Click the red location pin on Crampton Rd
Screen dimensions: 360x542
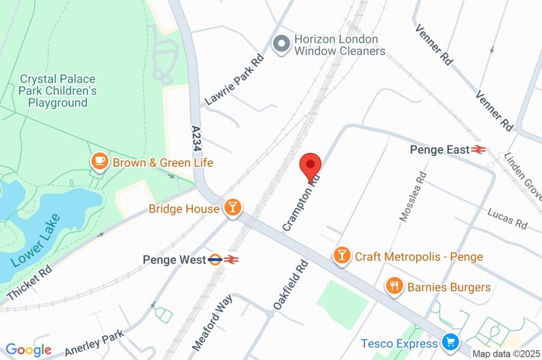click(x=311, y=166)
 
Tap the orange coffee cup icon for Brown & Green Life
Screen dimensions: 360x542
click(x=99, y=162)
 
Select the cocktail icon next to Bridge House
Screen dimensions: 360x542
click(x=232, y=208)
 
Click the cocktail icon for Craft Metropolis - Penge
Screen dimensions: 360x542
click(x=342, y=256)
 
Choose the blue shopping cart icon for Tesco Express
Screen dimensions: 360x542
click(x=450, y=343)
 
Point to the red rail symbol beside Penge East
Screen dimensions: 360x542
click(x=479, y=150)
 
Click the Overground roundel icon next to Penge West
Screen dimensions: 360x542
click(x=215, y=259)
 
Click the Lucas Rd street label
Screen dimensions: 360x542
click(x=508, y=218)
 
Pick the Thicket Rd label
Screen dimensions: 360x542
click(x=29, y=281)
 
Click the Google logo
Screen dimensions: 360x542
click(x=29, y=349)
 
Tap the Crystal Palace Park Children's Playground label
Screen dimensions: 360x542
click(x=58, y=91)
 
